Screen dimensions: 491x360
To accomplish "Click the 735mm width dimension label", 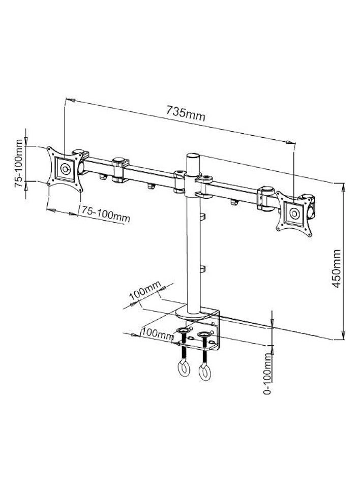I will [x=186, y=113].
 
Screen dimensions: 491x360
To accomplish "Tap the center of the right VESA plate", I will [x=293, y=213].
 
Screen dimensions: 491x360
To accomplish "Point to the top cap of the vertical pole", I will [x=194, y=157].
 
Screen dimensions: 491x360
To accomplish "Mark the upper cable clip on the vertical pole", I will [x=202, y=218].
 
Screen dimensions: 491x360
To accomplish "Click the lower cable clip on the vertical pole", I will [x=202, y=268].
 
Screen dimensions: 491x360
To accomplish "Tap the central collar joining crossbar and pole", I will [x=194, y=183].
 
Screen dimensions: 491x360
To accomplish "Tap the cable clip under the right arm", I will [x=234, y=203].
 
